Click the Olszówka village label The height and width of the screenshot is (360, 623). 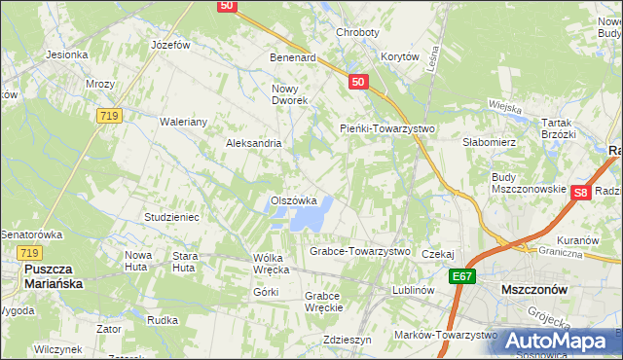click(293, 201)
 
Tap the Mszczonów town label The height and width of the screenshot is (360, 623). click(532, 290)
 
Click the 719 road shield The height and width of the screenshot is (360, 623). click(109, 116)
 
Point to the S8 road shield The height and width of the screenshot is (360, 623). click(580, 193)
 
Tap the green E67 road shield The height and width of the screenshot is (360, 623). click(463, 277)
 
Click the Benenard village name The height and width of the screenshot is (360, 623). click(293, 57)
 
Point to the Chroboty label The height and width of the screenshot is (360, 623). click(356, 32)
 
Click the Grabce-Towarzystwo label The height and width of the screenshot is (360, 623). click(359, 251)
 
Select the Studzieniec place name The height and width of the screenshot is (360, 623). click(171, 217)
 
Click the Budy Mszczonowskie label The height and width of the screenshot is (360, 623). click(529, 183)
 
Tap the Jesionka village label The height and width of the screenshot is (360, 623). click(66, 54)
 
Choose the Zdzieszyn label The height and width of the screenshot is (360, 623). click(348, 341)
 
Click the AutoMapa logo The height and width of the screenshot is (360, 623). click(558, 341)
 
